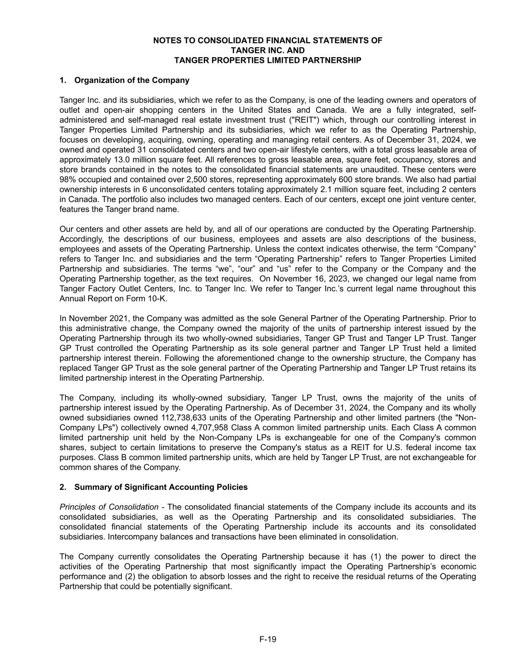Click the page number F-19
[268, 639]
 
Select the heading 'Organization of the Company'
[132, 80]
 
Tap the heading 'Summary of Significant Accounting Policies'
[161, 487]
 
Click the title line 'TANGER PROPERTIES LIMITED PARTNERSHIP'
[268, 60]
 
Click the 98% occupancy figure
[68, 179]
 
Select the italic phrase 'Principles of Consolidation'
[109, 507]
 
